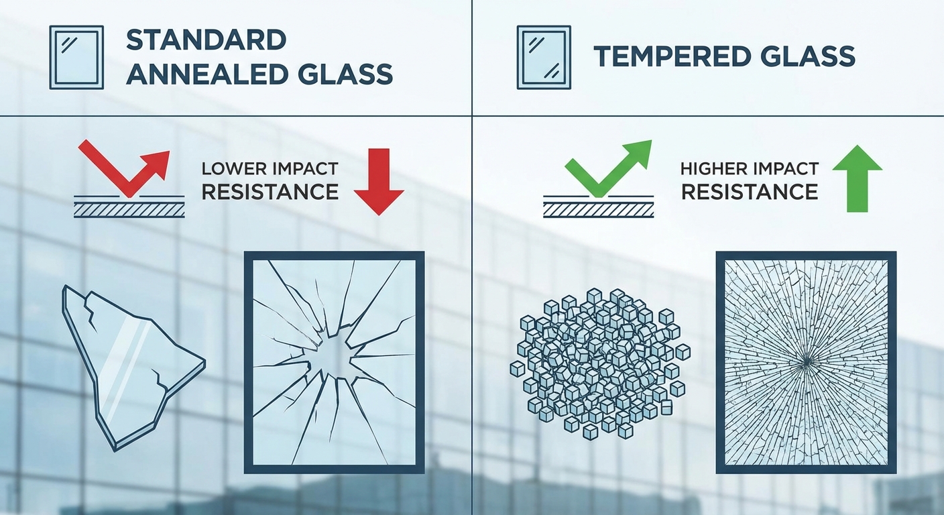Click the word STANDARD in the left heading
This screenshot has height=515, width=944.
[206, 40]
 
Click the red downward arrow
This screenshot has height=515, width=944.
[379, 182]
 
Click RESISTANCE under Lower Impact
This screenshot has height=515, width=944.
[270, 192]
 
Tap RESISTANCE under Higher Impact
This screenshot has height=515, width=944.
[749, 192]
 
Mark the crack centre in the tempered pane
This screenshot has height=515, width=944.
[805, 361]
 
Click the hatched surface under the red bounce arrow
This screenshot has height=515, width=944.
[129, 210]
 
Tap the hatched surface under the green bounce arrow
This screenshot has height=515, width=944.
[599, 210]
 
